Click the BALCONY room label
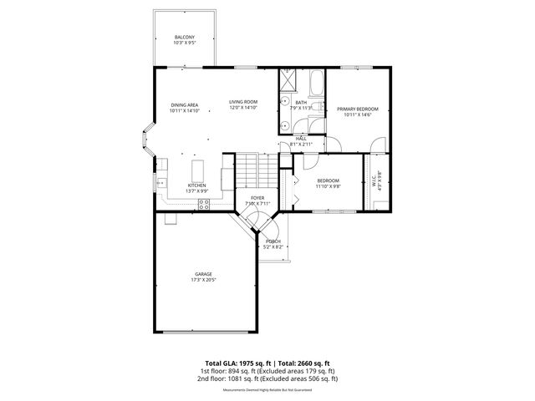(x=185, y=38)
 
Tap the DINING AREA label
(x=184, y=104)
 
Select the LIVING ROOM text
(x=243, y=102)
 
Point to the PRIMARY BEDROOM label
(x=357, y=109)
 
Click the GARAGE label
(x=203, y=274)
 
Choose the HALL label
(x=301, y=139)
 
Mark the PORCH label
(x=273, y=241)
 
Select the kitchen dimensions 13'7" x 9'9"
(x=197, y=191)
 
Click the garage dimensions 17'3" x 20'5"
(x=203, y=280)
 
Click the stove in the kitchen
(x=227, y=176)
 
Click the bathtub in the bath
(x=316, y=84)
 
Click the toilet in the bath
(x=308, y=125)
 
